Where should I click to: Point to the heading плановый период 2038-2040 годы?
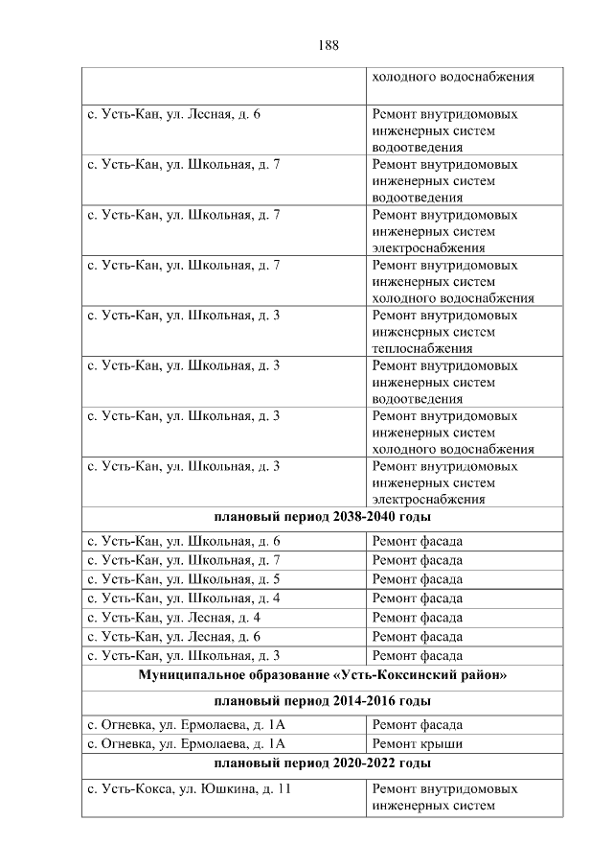(x=320, y=518)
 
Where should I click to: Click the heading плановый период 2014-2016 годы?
(x=320, y=700)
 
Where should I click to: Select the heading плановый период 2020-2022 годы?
(x=320, y=763)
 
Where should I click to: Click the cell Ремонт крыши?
(x=417, y=743)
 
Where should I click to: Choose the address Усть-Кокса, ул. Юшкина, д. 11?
(x=189, y=788)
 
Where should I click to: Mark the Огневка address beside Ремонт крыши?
(x=187, y=743)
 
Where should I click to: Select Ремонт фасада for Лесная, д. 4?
(x=417, y=618)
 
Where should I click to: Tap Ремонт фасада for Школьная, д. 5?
(x=417, y=579)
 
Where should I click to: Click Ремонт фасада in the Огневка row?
(x=417, y=724)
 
